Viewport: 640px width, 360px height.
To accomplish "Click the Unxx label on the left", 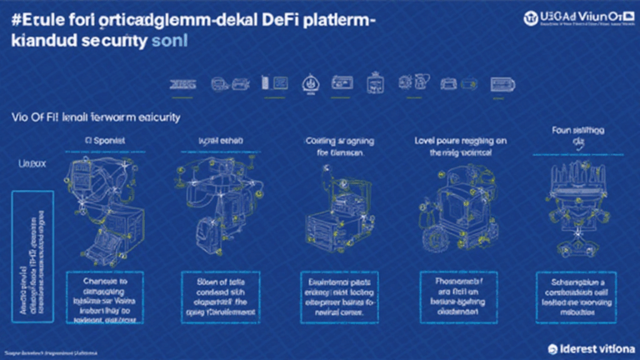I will point(31,166).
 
